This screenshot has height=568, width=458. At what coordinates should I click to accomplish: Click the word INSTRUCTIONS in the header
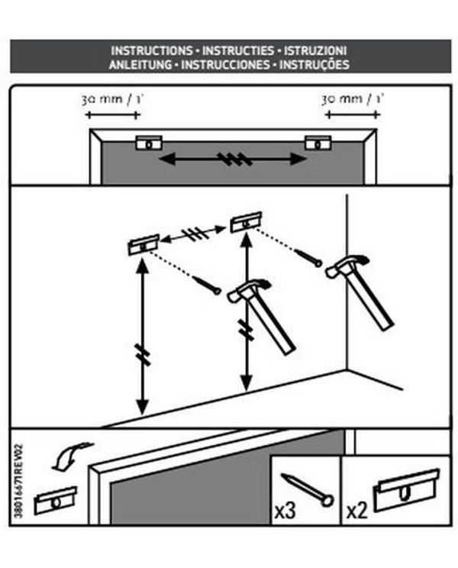point(151,50)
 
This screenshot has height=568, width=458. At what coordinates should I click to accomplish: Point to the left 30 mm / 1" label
point(112,99)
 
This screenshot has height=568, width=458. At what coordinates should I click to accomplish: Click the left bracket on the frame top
point(149,143)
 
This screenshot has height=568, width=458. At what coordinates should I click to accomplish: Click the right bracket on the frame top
point(318,143)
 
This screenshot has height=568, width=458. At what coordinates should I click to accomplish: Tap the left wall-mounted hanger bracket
point(144,244)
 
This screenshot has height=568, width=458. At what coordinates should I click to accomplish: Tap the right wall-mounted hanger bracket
point(246,222)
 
